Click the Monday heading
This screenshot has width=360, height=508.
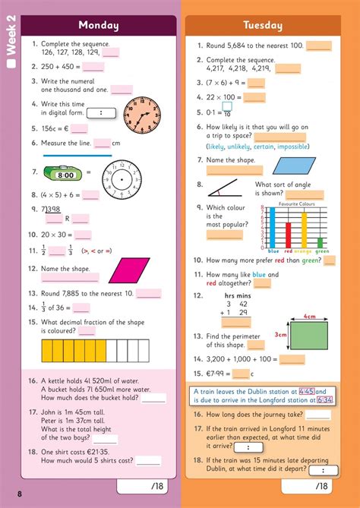[x=99, y=26]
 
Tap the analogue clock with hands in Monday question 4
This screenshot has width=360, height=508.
[x=142, y=113]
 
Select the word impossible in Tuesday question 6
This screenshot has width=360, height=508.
[x=297, y=147]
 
